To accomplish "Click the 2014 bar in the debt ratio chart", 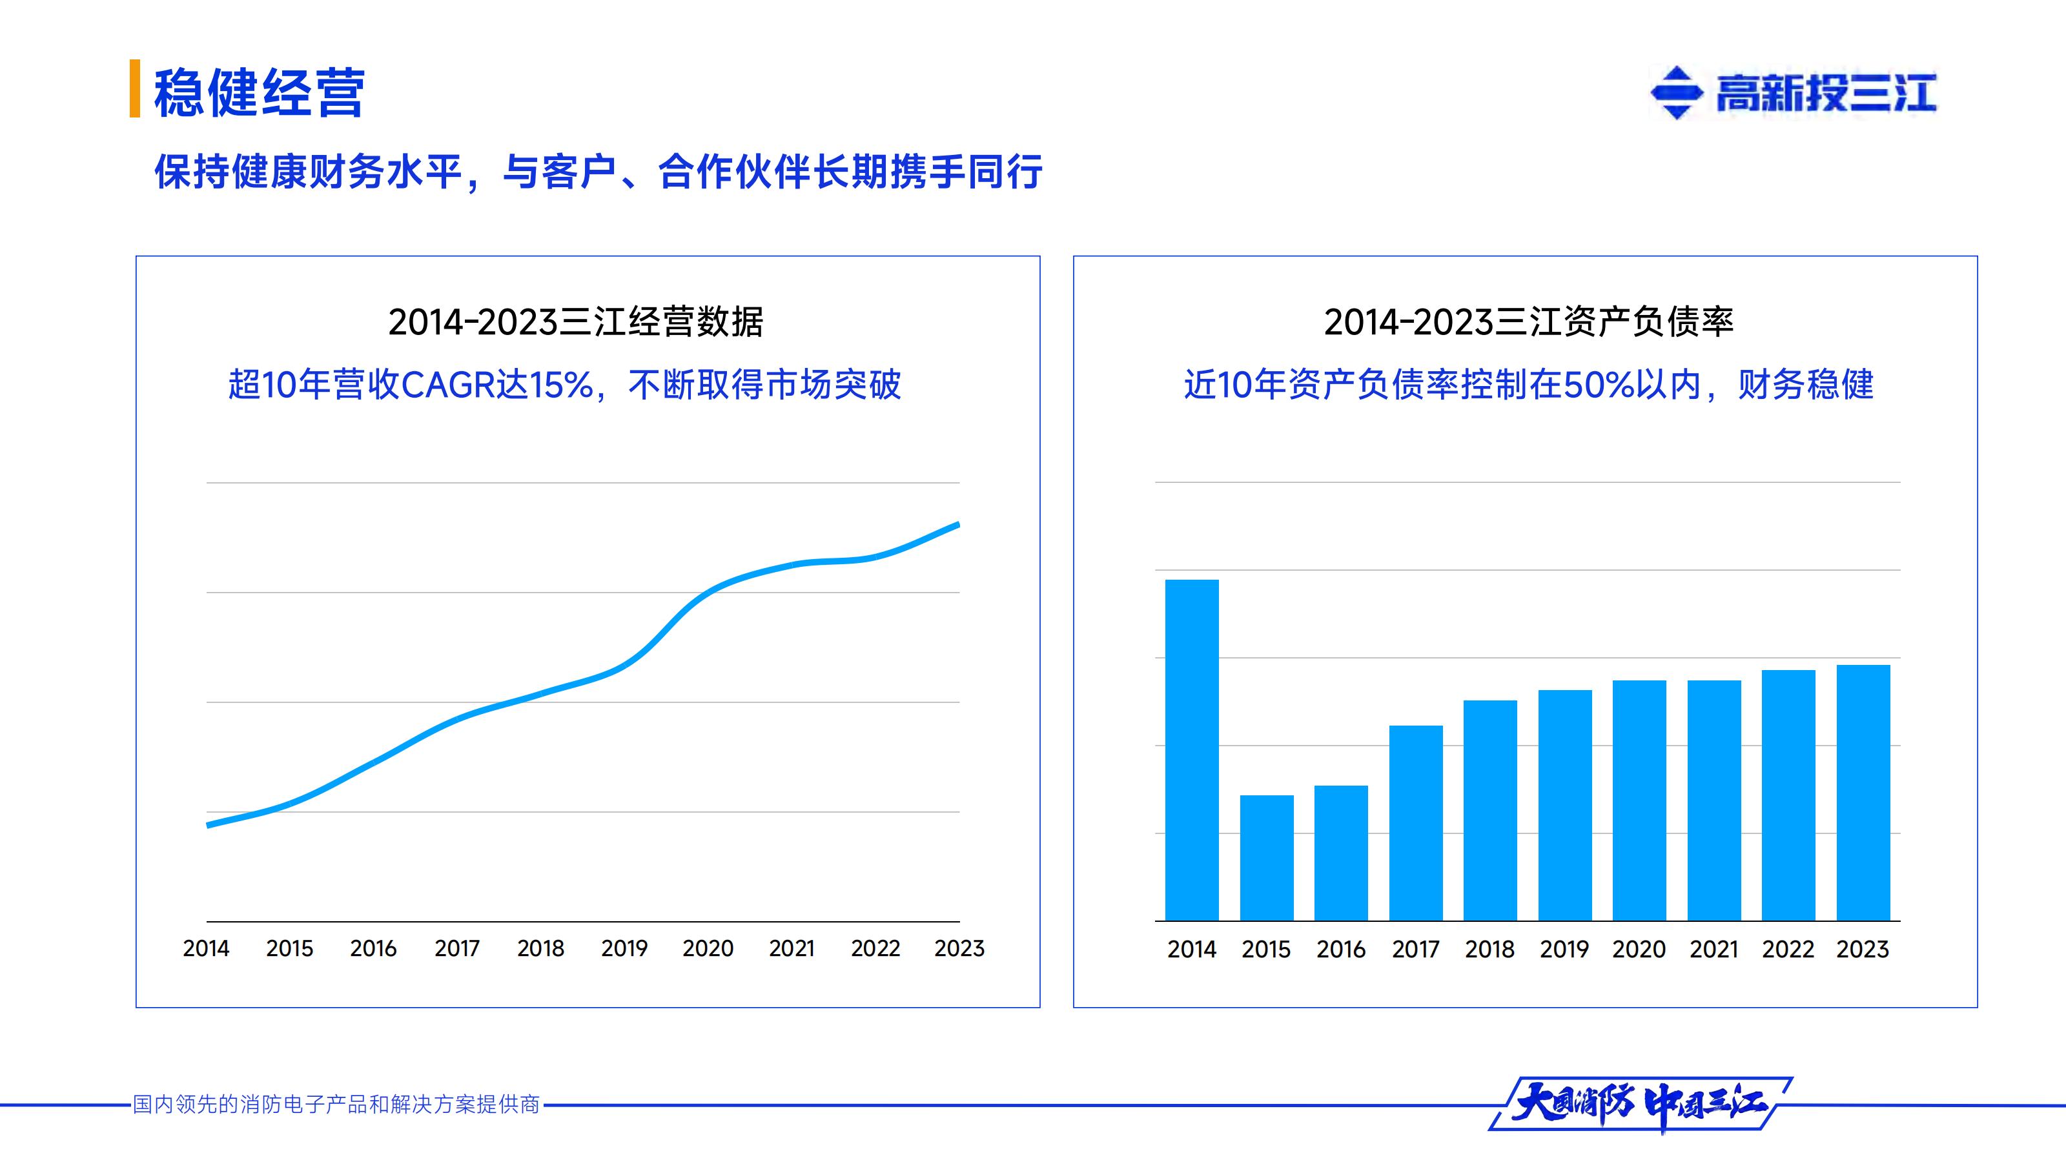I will pyautogui.click(x=1191, y=749).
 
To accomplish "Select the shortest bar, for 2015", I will pyautogui.click(x=1266, y=857).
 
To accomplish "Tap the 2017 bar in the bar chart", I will pyautogui.click(x=1416, y=823).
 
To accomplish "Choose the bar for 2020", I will pyautogui.click(x=1639, y=800).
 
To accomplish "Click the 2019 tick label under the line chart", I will pyautogui.click(x=624, y=949).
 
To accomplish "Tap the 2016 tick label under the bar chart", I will pyautogui.click(x=1340, y=950).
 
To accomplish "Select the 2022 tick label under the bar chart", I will pyautogui.click(x=1788, y=950).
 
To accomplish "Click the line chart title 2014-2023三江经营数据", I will pyautogui.click(x=575, y=322).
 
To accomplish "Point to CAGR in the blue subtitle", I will pyautogui.click(x=447, y=385).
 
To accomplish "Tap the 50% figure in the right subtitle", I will pyautogui.click(x=1599, y=385).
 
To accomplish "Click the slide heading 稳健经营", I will pyautogui.click(x=259, y=93).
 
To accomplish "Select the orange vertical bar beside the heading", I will pyautogui.click(x=135, y=88).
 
